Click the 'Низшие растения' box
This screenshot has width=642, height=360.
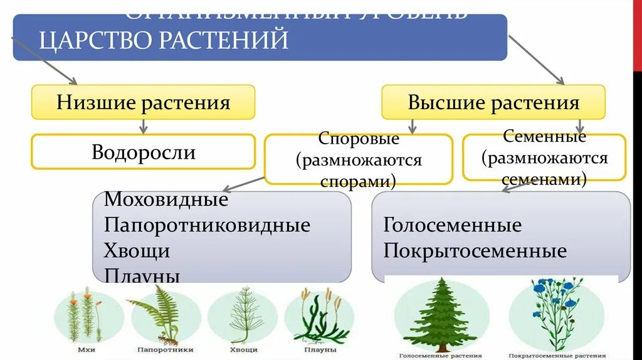(143, 102)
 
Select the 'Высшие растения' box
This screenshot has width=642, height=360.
(493, 102)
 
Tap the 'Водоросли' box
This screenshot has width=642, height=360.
(143, 152)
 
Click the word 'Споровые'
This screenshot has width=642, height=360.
(358, 139)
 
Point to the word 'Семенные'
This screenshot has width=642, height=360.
(544, 136)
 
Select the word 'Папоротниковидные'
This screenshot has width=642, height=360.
(207, 225)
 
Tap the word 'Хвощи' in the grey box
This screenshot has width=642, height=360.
(137, 250)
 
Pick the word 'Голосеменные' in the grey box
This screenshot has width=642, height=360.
(452, 225)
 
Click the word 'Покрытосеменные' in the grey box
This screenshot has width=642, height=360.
(475, 251)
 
